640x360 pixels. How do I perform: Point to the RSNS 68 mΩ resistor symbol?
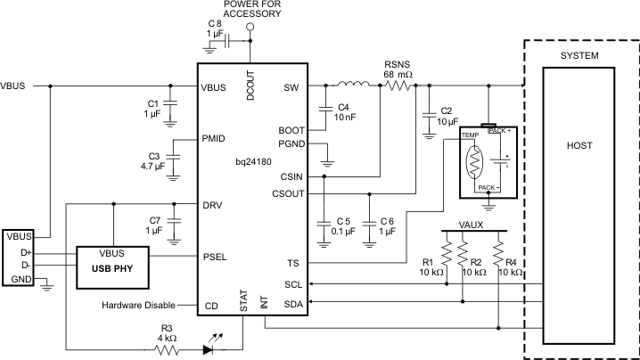click(x=398, y=86)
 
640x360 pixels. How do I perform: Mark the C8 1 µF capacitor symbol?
click(x=227, y=41)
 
